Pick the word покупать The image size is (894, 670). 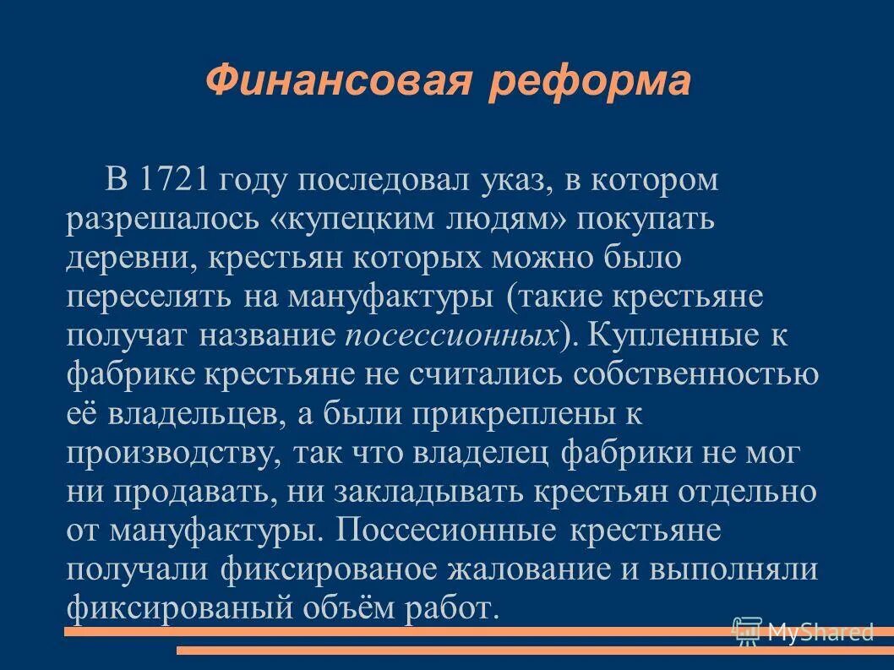click(646, 219)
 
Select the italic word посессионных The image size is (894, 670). click(453, 335)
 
